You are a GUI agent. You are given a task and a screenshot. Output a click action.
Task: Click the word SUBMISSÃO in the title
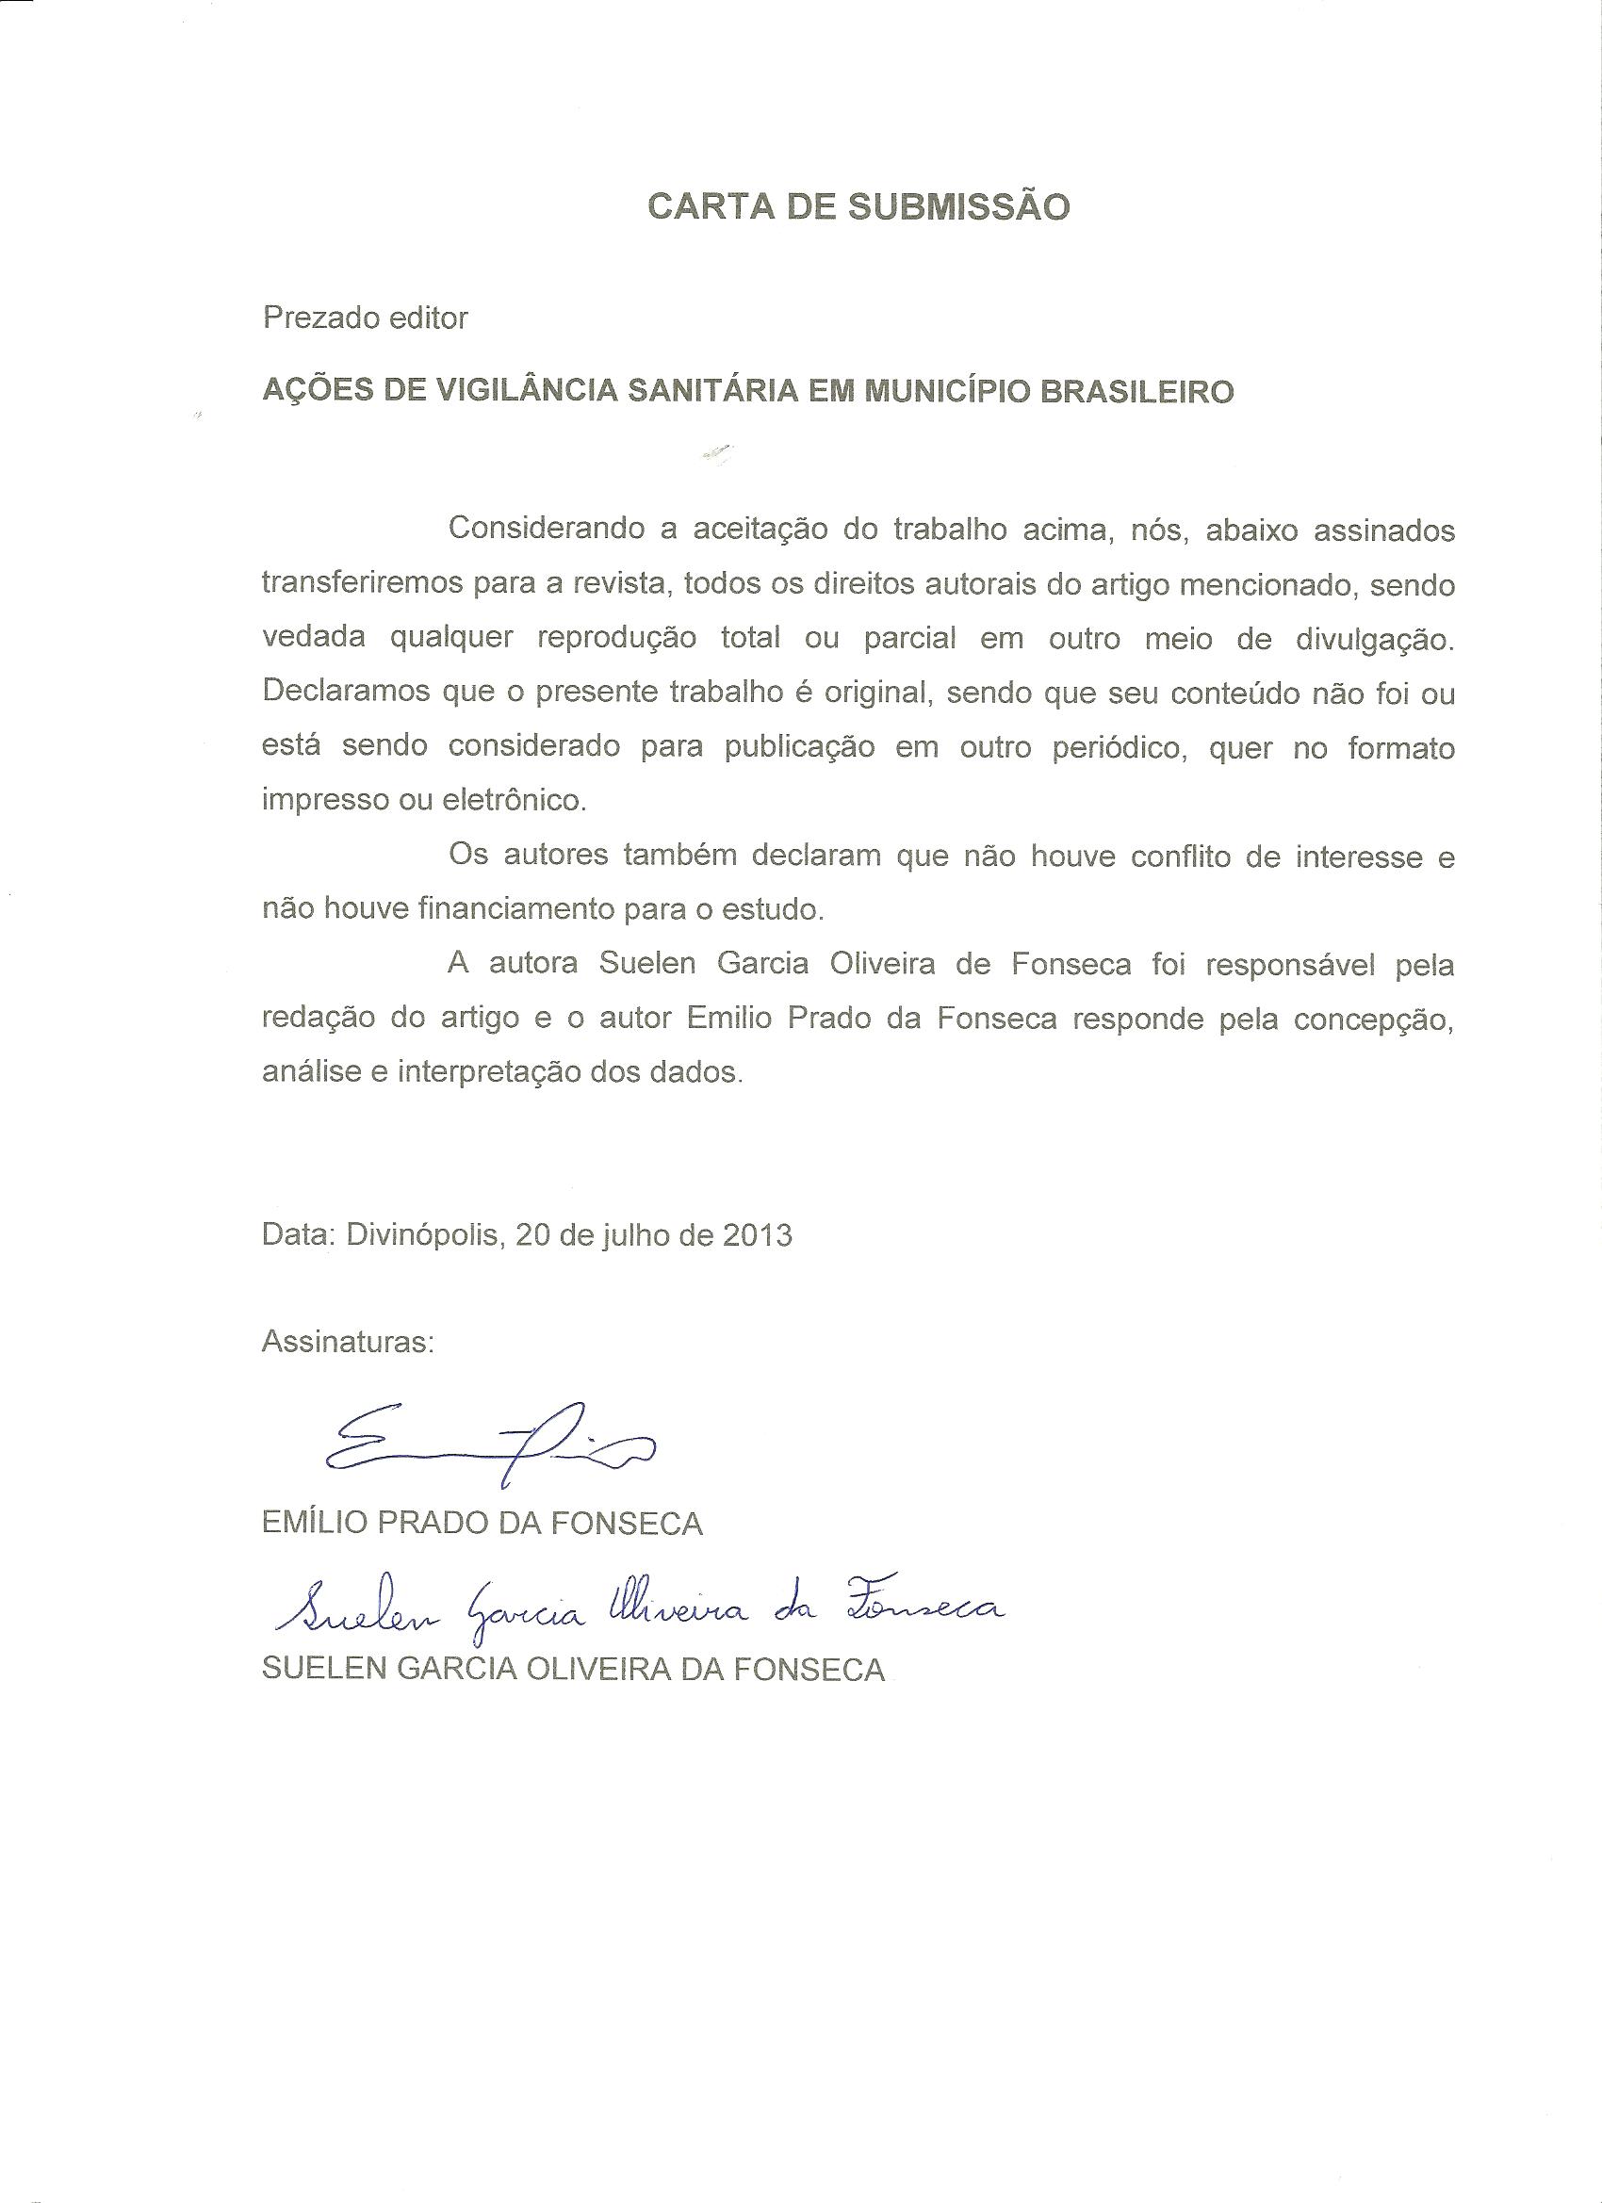[959, 207]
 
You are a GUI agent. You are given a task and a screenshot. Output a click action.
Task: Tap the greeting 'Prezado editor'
[365, 318]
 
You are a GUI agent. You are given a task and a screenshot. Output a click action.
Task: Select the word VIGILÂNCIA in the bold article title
[512, 391]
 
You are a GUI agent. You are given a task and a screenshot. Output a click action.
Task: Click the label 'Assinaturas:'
[348, 1343]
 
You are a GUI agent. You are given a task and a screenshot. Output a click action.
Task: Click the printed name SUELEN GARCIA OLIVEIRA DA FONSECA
[573, 1669]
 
